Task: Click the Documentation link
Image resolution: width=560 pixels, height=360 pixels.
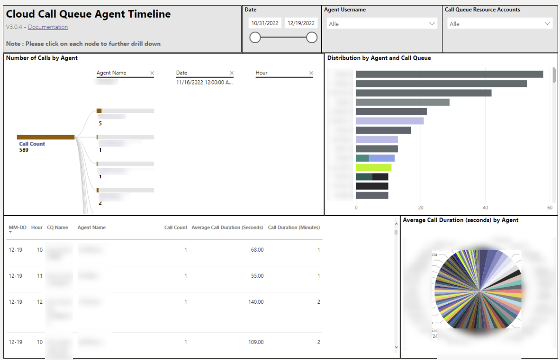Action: tap(48, 27)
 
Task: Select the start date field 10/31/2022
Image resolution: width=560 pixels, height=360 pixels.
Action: tap(264, 23)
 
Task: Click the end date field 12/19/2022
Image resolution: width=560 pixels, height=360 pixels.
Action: tap(301, 23)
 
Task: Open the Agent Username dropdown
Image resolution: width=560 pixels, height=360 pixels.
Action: tap(382, 24)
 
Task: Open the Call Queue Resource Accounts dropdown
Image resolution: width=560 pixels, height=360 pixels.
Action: tap(500, 24)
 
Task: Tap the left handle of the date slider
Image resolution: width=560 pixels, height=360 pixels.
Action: tap(255, 38)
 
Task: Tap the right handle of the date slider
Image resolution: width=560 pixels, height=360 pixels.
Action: tap(312, 38)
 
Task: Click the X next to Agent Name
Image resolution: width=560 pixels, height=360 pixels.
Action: tap(152, 73)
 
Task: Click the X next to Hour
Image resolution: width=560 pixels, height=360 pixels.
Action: tap(311, 73)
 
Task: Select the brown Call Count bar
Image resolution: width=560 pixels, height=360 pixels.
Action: tap(46, 137)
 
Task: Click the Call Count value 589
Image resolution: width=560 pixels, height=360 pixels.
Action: tap(24, 150)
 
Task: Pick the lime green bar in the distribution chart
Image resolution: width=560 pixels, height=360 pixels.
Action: tap(374, 167)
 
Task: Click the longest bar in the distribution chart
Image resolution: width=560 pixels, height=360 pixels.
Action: tap(449, 74)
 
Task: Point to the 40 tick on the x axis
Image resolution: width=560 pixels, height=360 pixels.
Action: tap(485, 208)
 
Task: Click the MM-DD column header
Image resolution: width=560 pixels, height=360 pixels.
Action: tap(18, 228)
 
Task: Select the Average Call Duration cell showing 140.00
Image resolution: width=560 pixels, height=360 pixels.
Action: tap(256, 302)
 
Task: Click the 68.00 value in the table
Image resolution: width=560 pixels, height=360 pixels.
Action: tap(257, 250)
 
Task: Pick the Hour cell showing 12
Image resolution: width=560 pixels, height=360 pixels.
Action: tap(40, 302)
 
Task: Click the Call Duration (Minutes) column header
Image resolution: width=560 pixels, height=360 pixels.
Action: tap(294, 228)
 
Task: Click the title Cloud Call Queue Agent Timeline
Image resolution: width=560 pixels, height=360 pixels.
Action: tap(88, 14)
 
